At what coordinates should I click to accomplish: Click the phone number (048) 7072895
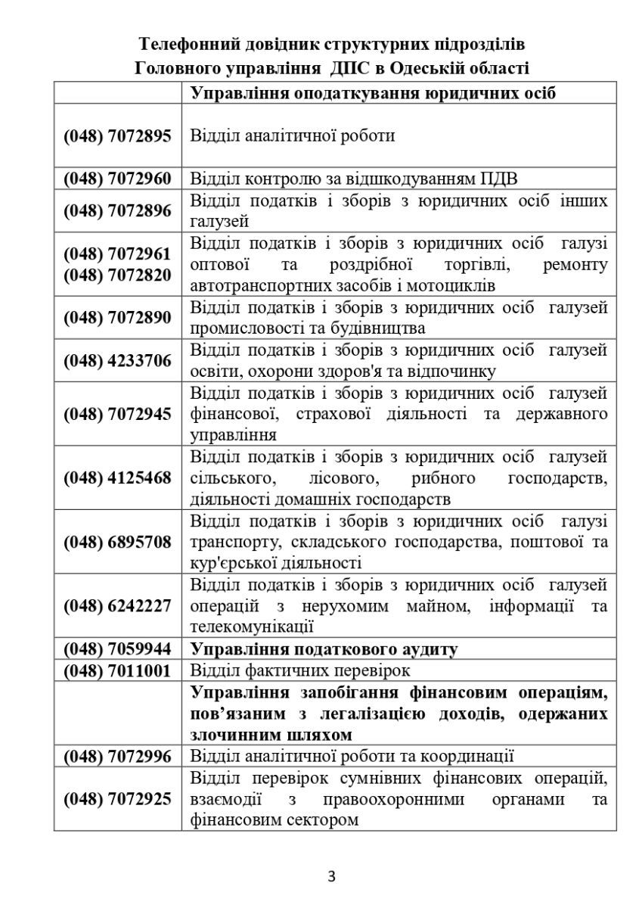click(x=117, y=136)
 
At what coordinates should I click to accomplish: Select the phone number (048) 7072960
click(x=117, y=179)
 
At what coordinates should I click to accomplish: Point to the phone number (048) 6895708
click(x=117, y=543)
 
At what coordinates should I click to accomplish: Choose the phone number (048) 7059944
click(x=117, y=649)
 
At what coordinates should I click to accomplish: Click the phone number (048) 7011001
click(x=117, y=670)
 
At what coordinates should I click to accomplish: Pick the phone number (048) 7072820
click(x=117, y=275)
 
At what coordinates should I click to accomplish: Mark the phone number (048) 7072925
click(x=117, y=798)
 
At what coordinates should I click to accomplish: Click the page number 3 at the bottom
click(x=331, y=877)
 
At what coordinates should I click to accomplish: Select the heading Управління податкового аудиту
click(x=324, y=649)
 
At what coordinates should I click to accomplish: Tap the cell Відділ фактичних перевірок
click(x=299, y=670)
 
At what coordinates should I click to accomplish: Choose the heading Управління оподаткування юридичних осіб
click(x=373, y=93)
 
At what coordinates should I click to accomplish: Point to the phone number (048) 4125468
click(x=117, y=478)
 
